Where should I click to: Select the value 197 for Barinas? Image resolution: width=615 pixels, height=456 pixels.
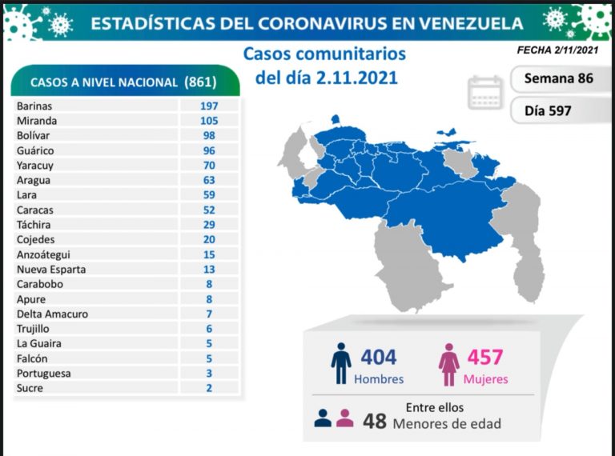tap(209, 106)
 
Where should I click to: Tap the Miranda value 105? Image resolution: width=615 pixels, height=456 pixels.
tap(209, 120)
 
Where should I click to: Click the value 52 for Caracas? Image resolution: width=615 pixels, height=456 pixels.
tap(209, 210)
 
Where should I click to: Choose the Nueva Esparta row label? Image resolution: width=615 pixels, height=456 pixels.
tap(50, 269)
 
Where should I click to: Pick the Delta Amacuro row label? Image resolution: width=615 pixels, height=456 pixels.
tap(52, 314)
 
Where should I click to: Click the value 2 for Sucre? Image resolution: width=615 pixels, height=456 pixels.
tap(209, 388)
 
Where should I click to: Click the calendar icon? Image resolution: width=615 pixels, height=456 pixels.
tap(485, 92)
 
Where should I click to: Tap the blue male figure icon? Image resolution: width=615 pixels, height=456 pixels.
tap(340, 364)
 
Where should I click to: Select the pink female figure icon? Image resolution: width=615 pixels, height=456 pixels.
tap(448, 364)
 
